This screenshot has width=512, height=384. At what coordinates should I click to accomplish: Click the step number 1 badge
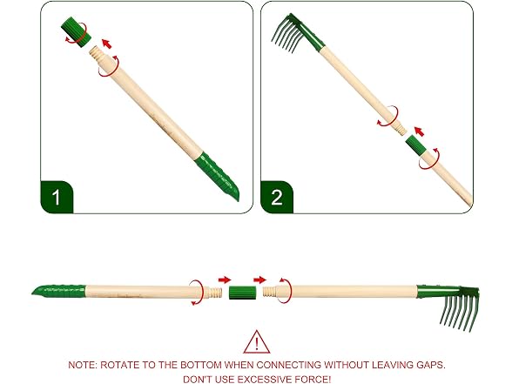coord(57,197)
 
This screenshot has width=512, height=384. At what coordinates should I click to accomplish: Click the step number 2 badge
coord(277,197)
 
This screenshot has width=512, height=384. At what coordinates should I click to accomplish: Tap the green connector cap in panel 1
coord(76,31)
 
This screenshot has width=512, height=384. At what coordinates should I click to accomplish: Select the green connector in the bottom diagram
coord(242,293)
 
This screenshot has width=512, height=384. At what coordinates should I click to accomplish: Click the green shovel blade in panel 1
coord(217,175)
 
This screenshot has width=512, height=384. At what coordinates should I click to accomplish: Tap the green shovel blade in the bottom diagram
coord(59,290)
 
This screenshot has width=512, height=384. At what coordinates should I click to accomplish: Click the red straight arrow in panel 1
coord(107,44)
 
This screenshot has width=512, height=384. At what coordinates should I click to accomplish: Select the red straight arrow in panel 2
coord(419,131)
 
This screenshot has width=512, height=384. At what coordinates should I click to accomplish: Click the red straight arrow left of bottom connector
coord(225,280)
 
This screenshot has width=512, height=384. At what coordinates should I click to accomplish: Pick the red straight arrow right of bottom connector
coord(259,280)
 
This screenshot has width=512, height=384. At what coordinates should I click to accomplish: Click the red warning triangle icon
coord(257,342)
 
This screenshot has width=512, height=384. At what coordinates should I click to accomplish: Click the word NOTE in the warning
coord(82,365)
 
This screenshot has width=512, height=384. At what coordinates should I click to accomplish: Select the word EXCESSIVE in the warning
coord(264,380)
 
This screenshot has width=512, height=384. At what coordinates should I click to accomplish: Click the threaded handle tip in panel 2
coord(401,128)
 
